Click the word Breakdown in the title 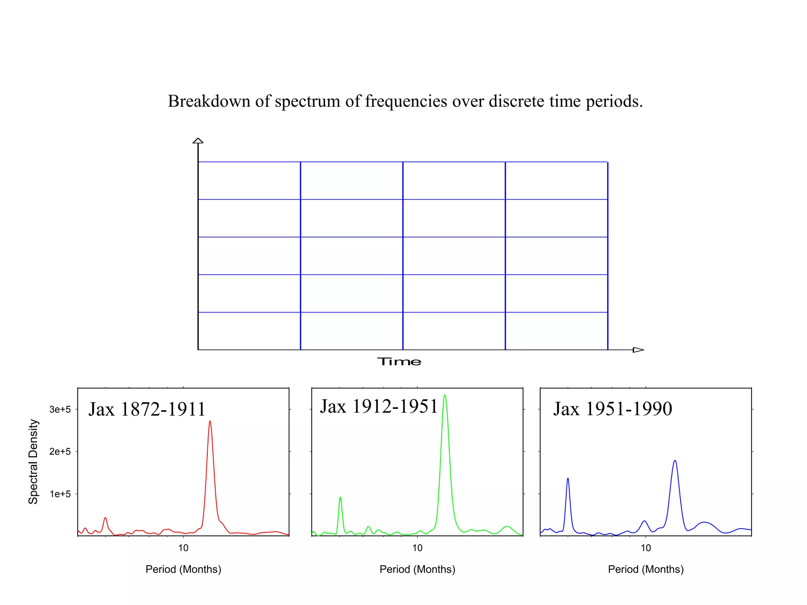pos(209,101)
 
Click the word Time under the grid pos(399,362)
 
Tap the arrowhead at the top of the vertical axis pos(198,141)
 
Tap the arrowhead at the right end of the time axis pos(638,350)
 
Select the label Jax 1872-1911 pos(147,409)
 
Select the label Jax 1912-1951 pos(379,406)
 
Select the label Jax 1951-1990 pos(612,409)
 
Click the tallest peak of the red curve pos(210,422)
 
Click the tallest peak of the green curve pos(444,395)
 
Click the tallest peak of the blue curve pos(675,461)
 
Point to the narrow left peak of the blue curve pos(567,479)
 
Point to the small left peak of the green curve pos(340,498)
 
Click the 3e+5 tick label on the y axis pos(60,410)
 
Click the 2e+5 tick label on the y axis pos(60,452)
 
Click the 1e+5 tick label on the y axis pos(60,494)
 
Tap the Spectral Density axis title pos(33,461)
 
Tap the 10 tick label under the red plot pos(183,548)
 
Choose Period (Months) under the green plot pos(417,569)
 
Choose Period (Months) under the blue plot pos(645,569)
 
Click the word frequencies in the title pos(406,101)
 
